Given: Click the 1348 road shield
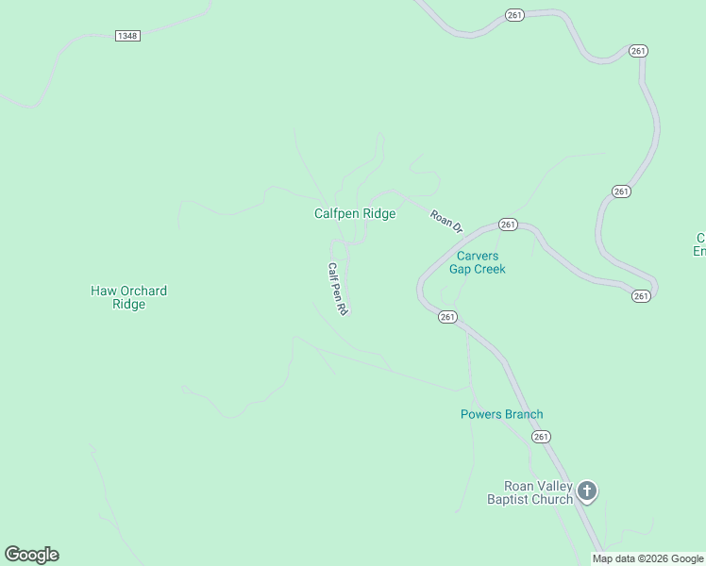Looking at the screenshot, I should [x=127, y=36].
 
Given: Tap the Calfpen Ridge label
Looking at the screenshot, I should [x=355, y=214].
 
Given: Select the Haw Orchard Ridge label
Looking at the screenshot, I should [x=128, y=297].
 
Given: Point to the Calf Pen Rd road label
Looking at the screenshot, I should [x=338, y=289].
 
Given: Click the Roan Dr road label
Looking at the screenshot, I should [x=446, y=222].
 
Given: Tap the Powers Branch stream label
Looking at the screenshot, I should [x=501, y=414].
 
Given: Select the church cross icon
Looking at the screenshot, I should [x=587, y=491].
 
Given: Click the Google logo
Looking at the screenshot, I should [x=31, y=555].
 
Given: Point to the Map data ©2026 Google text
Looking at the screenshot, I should [x=648, y=558].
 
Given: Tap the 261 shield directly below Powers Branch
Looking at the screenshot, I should [x=541, y=437].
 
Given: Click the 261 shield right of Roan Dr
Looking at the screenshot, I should [x=509, y=225].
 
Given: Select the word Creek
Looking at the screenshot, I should [x=490, y=269].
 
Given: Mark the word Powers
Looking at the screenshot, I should [x=480, y=414].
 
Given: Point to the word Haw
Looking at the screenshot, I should [x=102, y=291].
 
